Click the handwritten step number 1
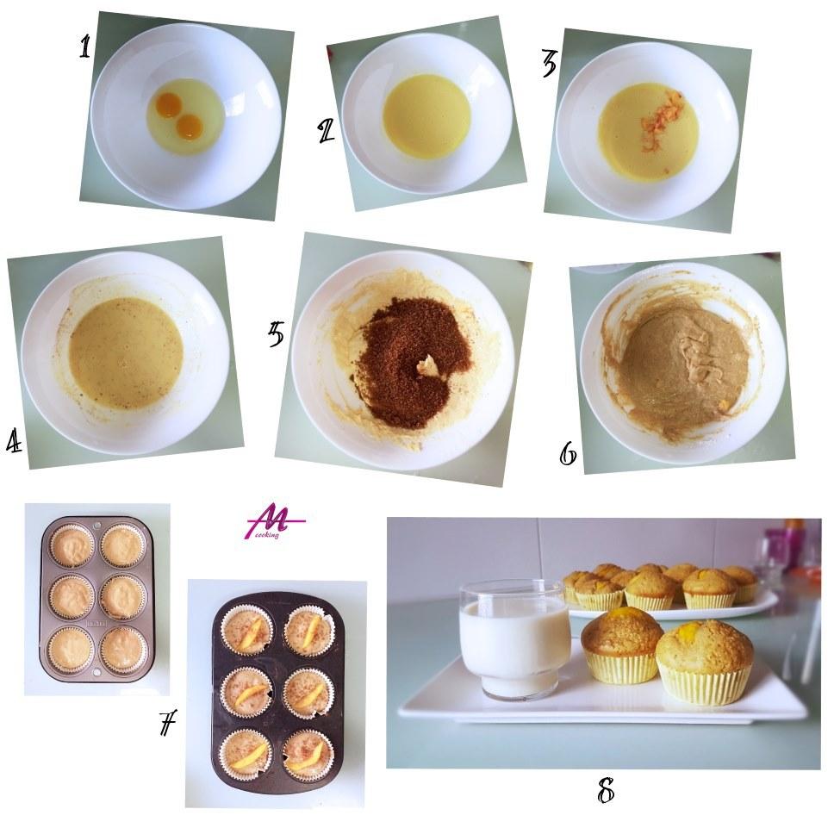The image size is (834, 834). coord(85,47)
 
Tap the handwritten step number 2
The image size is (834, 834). coord(326,131)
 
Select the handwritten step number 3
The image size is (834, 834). coord(549,64)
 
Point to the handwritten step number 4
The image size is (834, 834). coord(15,440)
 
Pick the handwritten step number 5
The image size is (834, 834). coord(277,334)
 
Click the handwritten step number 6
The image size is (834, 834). coord(568,453)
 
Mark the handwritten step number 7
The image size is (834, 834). coord(167,723)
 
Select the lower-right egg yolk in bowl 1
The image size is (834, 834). coord(189,127)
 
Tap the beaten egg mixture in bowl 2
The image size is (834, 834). coord(426,116)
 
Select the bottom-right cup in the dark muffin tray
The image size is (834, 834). coord(308,756)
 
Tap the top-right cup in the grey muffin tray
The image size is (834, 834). coord(123,545)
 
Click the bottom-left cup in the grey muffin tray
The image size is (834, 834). coord(72,650)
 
